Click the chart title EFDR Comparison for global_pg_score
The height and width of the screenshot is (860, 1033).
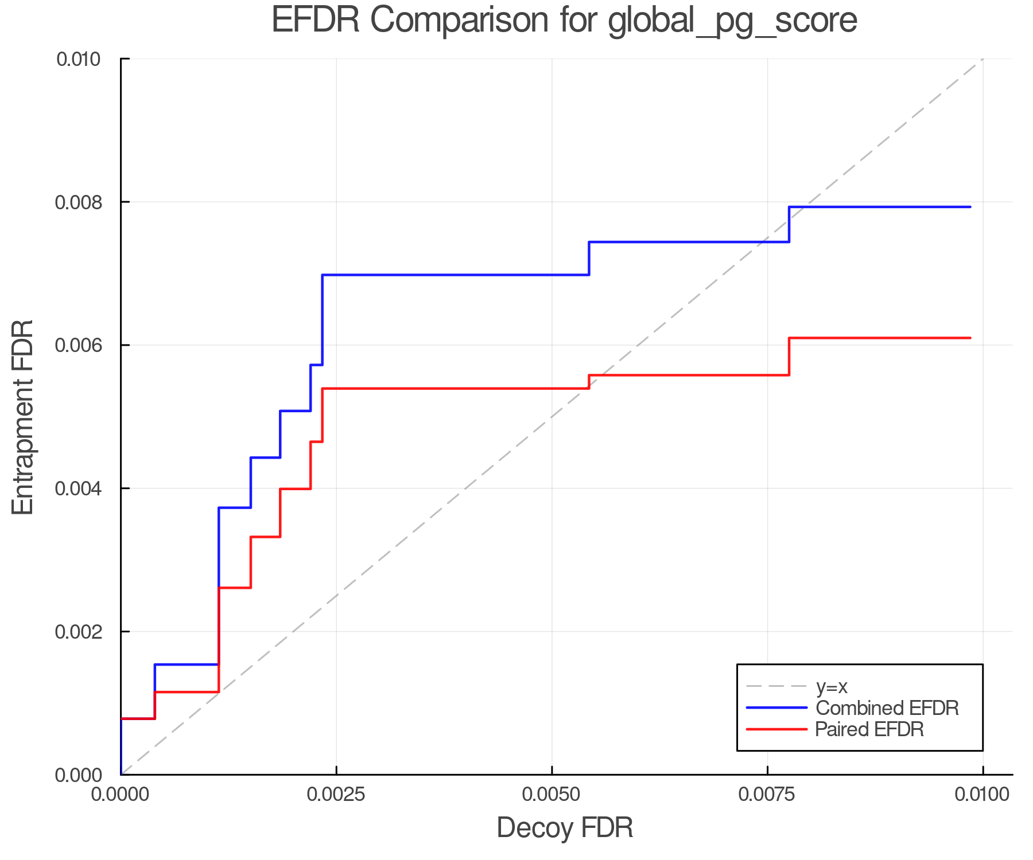pos(564,21)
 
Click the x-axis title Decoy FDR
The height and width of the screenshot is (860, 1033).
pos(564,828)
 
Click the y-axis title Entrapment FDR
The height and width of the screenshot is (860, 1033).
pos(23,417)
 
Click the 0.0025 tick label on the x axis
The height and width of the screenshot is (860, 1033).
pos(336,795)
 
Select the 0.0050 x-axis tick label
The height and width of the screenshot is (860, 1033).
pos(552,795)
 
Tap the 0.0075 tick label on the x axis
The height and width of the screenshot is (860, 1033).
pos(767,795)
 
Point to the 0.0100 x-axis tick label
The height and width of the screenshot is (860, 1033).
pos(982,795)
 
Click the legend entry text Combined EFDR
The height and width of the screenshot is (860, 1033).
pos(887,708)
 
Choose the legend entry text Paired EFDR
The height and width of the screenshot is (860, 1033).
pos(869,729)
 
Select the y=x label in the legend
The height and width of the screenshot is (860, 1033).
pos(832,687)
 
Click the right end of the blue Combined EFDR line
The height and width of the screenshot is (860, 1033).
pos(970,207)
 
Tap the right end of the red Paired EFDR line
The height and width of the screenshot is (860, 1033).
pos(970,338)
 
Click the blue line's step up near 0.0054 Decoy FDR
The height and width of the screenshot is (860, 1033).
pos(589,259)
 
